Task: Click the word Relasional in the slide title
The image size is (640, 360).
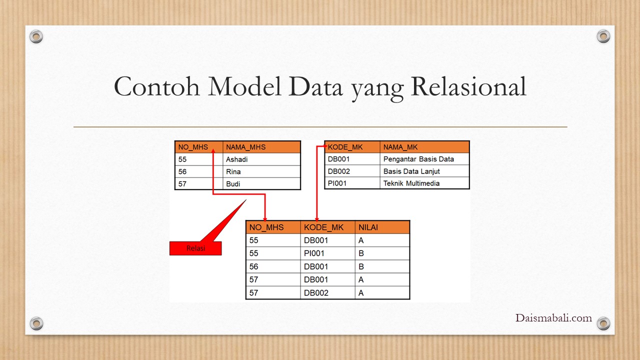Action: (x=468, y=86)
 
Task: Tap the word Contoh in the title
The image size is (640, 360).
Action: (x=156, y=86)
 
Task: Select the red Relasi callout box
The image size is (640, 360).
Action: (x=195, y=248)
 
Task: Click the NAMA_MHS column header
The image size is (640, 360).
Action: (x=261, y=147)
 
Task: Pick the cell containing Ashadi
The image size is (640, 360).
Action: (x=261, y=159)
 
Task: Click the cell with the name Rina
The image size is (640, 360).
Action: (x=261, y=171)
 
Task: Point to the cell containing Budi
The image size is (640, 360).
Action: (x=261, y=183)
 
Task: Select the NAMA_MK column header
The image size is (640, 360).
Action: (x=424, y=147)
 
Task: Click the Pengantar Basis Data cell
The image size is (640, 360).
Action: (x=424, y=159)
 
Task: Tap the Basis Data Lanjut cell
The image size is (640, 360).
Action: (x=424, y=171)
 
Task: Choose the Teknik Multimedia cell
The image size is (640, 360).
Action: (x=424, y=183)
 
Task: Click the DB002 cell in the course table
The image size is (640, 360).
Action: (x=352, y=171)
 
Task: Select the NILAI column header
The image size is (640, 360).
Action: (x=382, y=227)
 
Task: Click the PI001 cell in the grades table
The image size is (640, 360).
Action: (x=327, y=253)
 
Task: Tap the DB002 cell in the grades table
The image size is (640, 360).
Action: (x=327, y=293)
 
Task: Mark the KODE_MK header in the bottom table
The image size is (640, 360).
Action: (x=327, y=227)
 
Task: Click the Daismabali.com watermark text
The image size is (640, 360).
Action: (x=553, y=318)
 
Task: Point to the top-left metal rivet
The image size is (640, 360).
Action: (x=36, y=36)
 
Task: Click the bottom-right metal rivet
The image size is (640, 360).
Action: (x=603, y=323)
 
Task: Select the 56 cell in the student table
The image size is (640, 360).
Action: (x=199, y=171)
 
